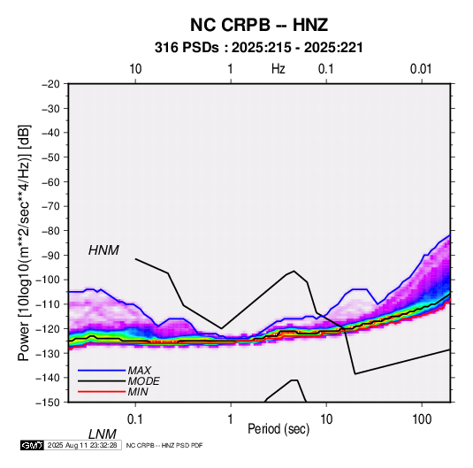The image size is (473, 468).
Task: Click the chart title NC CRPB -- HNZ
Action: [259, 25]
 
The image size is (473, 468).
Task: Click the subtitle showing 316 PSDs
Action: [259, 48]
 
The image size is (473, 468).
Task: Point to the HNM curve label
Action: [103, 250]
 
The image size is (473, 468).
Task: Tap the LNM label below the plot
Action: [103, 434]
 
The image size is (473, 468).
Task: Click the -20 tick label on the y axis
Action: [50, 84]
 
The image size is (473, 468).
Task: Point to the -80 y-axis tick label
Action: [50, 231]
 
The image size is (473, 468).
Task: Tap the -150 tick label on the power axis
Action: [48, 403]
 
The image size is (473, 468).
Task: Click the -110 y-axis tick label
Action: [48, 304]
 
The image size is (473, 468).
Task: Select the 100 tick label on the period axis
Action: [422, 419]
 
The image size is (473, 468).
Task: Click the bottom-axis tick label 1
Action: [231, 419]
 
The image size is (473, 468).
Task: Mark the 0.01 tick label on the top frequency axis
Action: [421, 69]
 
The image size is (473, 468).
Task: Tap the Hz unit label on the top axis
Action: [278, 69]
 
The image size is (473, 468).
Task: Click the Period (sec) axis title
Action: [278, 429]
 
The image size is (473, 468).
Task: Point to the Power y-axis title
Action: [24, 242]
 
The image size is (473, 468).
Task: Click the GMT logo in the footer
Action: [33, 445]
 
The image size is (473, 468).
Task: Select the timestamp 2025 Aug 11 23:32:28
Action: [82, 445]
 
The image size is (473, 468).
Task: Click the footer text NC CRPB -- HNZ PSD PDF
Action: [164, 445]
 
